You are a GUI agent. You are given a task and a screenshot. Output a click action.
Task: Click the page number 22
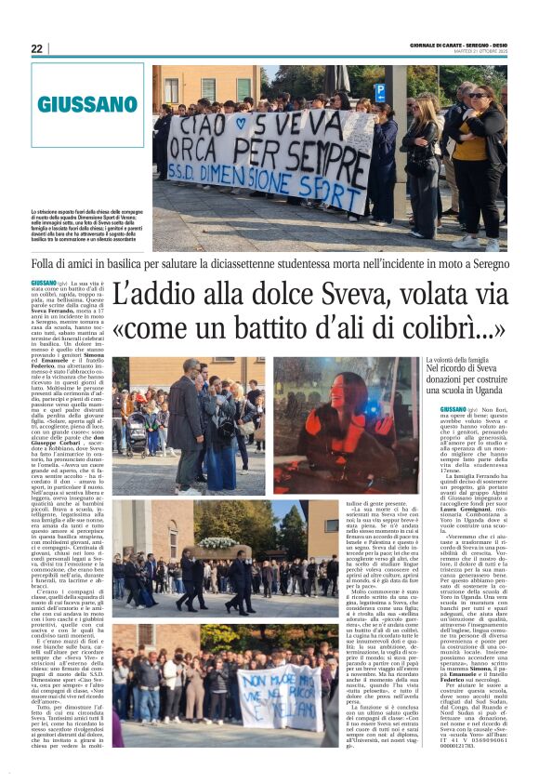click(36, 48)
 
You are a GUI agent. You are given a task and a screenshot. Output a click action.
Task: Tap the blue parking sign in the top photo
click(379, 91)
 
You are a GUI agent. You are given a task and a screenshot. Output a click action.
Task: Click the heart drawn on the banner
click(243, 122)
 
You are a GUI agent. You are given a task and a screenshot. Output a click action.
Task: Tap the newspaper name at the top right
click(459, 46)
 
